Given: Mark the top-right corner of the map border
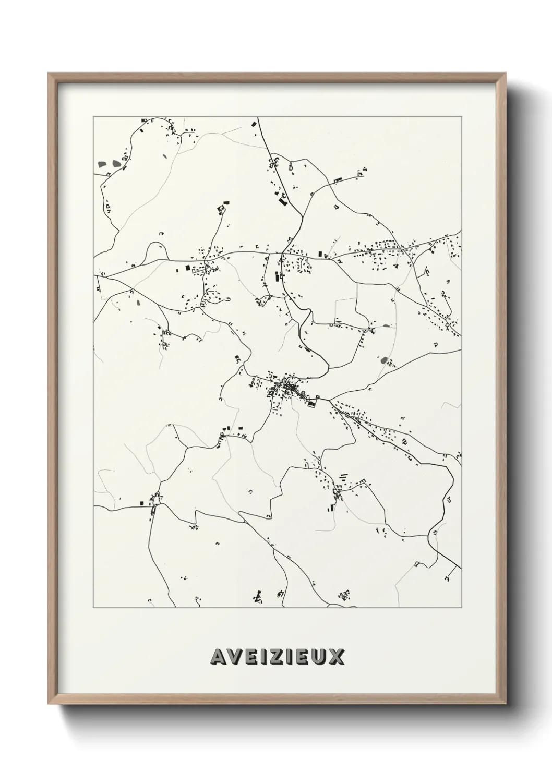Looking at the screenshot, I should click(x=461, y=116).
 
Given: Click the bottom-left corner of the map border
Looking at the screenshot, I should click(x=93, y=608).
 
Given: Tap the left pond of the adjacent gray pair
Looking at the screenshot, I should click(x=102, y=164).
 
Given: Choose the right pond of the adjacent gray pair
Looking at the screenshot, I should click(x=114, y=163).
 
